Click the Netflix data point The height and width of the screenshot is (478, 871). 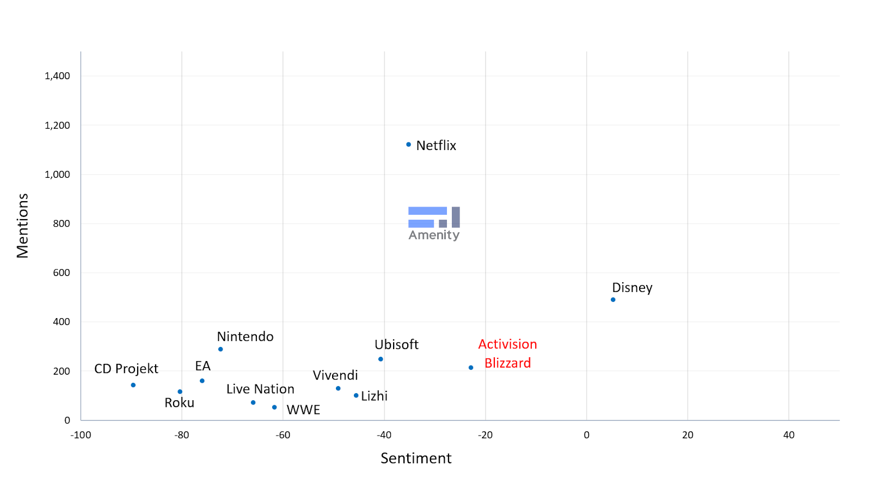408,145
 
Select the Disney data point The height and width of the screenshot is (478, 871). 613,300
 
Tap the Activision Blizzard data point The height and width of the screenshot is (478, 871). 471,368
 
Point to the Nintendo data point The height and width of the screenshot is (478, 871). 220,349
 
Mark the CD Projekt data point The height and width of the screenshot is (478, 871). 133,385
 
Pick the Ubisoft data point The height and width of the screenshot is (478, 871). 381,359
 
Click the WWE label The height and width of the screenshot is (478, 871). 303,410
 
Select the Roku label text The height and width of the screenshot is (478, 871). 179,403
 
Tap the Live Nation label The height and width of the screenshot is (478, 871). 260,389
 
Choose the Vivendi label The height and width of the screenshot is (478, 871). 335,375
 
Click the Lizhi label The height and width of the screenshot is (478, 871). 375,396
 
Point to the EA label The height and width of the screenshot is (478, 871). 203,366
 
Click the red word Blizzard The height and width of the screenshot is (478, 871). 507,363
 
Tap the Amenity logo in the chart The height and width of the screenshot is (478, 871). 434,224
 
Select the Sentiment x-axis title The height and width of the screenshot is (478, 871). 416,458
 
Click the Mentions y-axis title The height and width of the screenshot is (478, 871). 22,226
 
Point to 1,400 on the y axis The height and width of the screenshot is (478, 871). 57,76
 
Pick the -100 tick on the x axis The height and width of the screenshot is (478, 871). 81,435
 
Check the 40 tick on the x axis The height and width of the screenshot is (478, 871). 789,435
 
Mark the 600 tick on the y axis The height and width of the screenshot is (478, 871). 62,273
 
